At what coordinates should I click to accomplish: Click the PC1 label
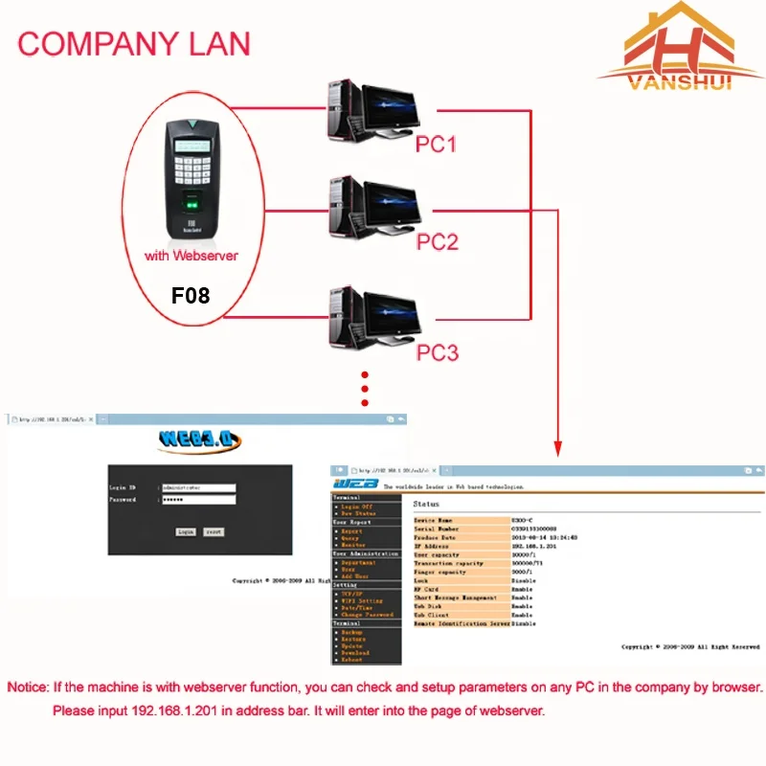click(436, 144)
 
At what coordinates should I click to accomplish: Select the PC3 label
click(438, 352)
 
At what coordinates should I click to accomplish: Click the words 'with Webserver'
click(191, 256)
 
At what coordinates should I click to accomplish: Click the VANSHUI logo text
click(681, 82)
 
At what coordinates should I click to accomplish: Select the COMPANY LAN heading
click(134, 43)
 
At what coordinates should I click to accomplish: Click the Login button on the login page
click(186, 531)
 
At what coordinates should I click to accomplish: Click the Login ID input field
click(198, 487)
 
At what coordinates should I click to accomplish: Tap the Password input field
click(198, 500)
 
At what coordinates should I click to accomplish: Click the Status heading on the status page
click(426, 504)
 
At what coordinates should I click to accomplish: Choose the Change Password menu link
click(367, 615)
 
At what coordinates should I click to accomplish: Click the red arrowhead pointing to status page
click(556, 447)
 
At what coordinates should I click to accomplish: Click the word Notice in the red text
click(29, 687)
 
